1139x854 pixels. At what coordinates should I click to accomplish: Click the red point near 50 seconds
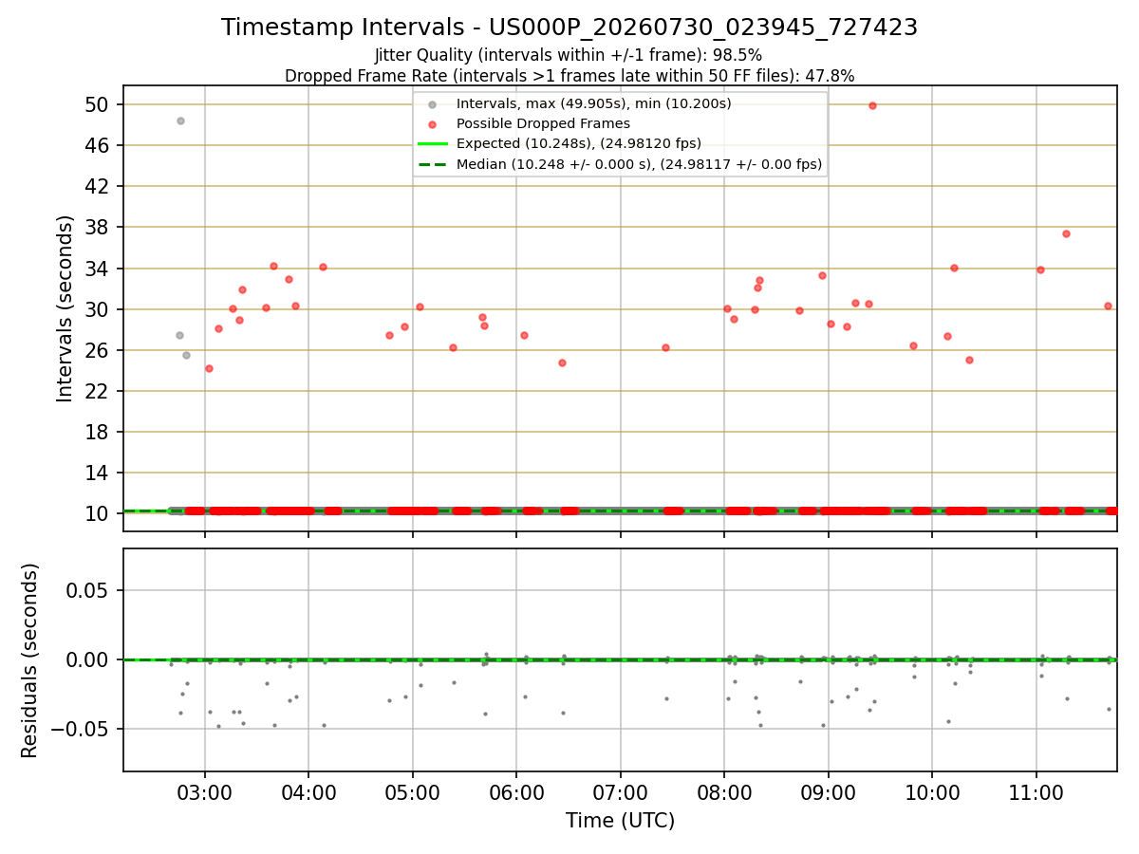click(872, 105)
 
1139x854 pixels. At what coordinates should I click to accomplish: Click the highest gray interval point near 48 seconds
click(180, 121)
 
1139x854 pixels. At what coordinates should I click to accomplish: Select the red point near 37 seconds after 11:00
click(1066, 233)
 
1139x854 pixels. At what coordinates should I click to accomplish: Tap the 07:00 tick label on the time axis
click(620, 793)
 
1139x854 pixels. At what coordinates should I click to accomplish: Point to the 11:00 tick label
click(1036, 793)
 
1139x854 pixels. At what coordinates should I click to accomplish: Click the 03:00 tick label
click(204, 793)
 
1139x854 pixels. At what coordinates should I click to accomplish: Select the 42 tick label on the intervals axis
click(97, 186)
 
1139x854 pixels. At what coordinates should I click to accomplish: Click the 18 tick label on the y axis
click(97, 432)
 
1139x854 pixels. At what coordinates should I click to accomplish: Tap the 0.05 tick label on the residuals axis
click(87, 590)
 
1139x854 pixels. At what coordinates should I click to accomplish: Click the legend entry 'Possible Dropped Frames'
click(543, 123)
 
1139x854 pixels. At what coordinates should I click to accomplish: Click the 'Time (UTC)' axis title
click(620, 821)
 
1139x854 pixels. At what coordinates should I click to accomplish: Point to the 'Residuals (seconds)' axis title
click(29, 660)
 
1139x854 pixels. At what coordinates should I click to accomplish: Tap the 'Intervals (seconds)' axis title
click(65, 309)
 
